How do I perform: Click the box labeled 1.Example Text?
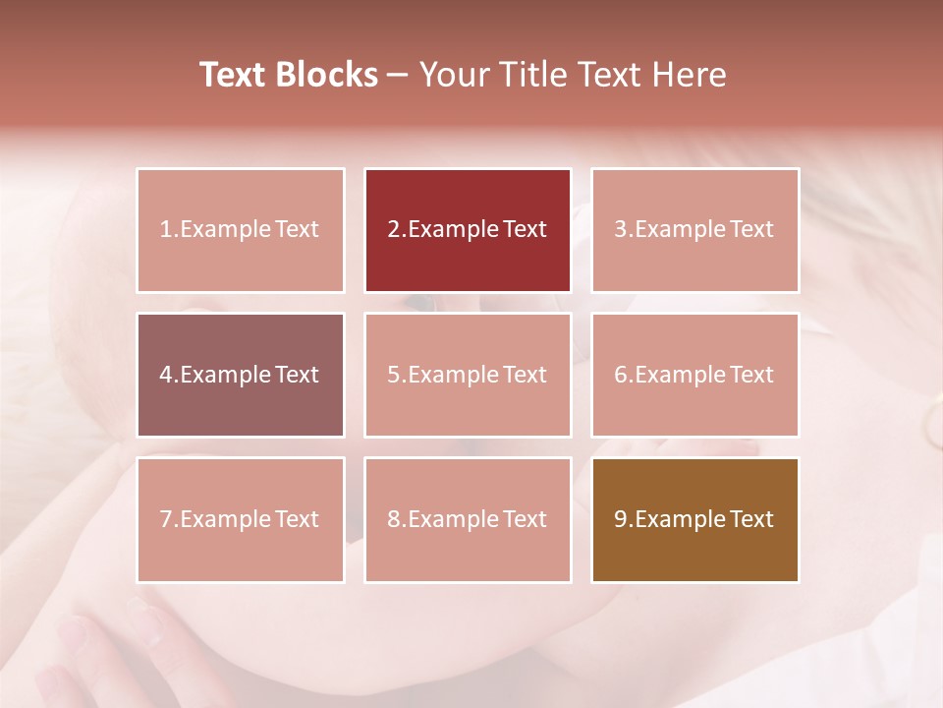point(241,230)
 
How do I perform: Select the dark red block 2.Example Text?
point(468,230)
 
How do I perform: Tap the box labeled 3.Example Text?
point(694,230)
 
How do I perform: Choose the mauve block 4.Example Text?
point(241,375)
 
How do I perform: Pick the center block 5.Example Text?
point(468,375)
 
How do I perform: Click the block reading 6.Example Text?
point(694,375)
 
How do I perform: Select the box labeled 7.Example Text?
point(241,519)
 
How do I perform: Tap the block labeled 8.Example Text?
point(468,519)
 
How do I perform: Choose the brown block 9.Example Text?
point(694,519)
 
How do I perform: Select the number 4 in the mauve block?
point(166,375)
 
